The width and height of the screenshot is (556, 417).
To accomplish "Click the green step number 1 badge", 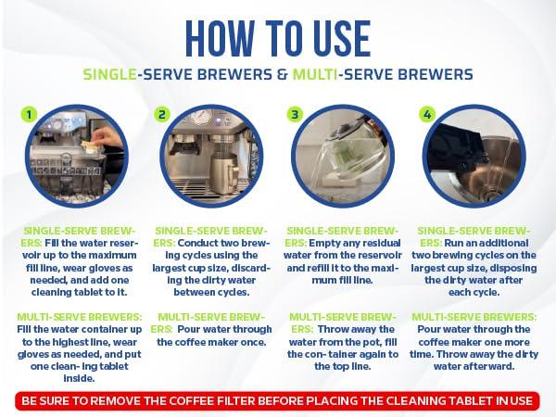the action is (x=29, y=114).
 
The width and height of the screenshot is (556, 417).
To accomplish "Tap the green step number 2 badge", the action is (x=162, y=114).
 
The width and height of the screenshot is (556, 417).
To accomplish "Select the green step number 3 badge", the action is (x=295, y=114).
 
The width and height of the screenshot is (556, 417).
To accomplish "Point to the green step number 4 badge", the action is (x=427, y=114).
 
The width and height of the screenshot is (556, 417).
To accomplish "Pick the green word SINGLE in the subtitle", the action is (x=110, y=74).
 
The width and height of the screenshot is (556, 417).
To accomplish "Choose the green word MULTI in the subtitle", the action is (x=315, y=74).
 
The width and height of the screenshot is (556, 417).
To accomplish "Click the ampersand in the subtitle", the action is (x=282, y=74).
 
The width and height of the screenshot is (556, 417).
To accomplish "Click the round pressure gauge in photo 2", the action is (x=202, y=116).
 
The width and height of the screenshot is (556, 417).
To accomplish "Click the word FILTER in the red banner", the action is (x=234, y=400).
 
